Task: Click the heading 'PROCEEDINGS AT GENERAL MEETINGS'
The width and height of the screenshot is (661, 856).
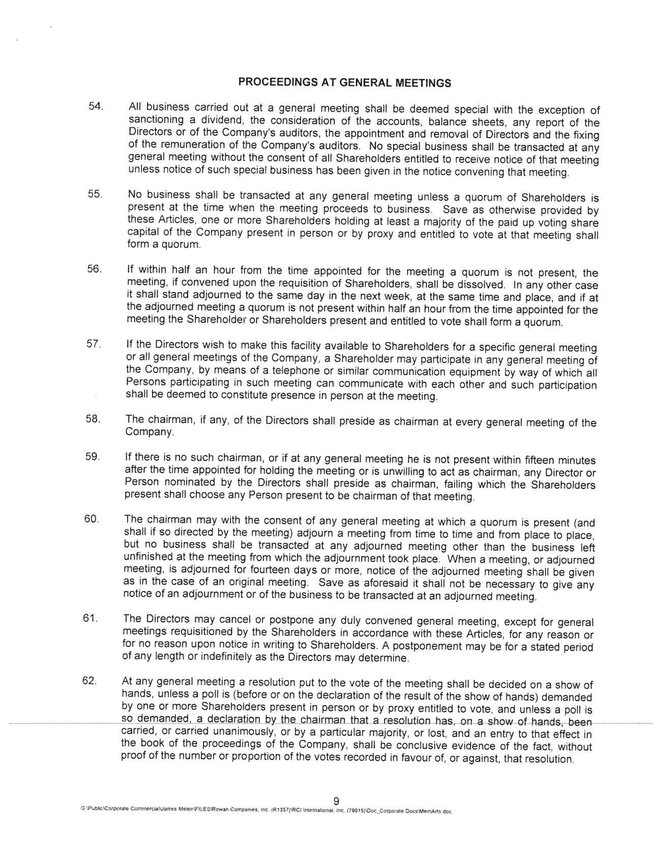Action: pyautogui.click(x=344, y=82)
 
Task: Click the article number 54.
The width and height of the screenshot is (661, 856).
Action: pyautogui.click(x=96, y=106)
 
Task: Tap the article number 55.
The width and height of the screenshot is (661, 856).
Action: pyautogui.click(x=95, y=194)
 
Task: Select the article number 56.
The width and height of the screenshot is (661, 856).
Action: pyautogui.click(x=95, y=269)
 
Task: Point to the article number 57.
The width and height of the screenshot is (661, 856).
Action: pyautogui.click(x=94, y=344)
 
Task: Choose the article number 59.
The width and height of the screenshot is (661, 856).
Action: pyautogui.click(x=93, y=456)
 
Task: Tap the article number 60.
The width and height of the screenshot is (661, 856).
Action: pyautogui.click(x=92, y=519)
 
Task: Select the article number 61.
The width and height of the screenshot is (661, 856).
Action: pyautogui.click(x=91, y=618)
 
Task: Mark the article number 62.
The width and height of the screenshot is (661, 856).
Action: pyautogui.click(x=90, y=680)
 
